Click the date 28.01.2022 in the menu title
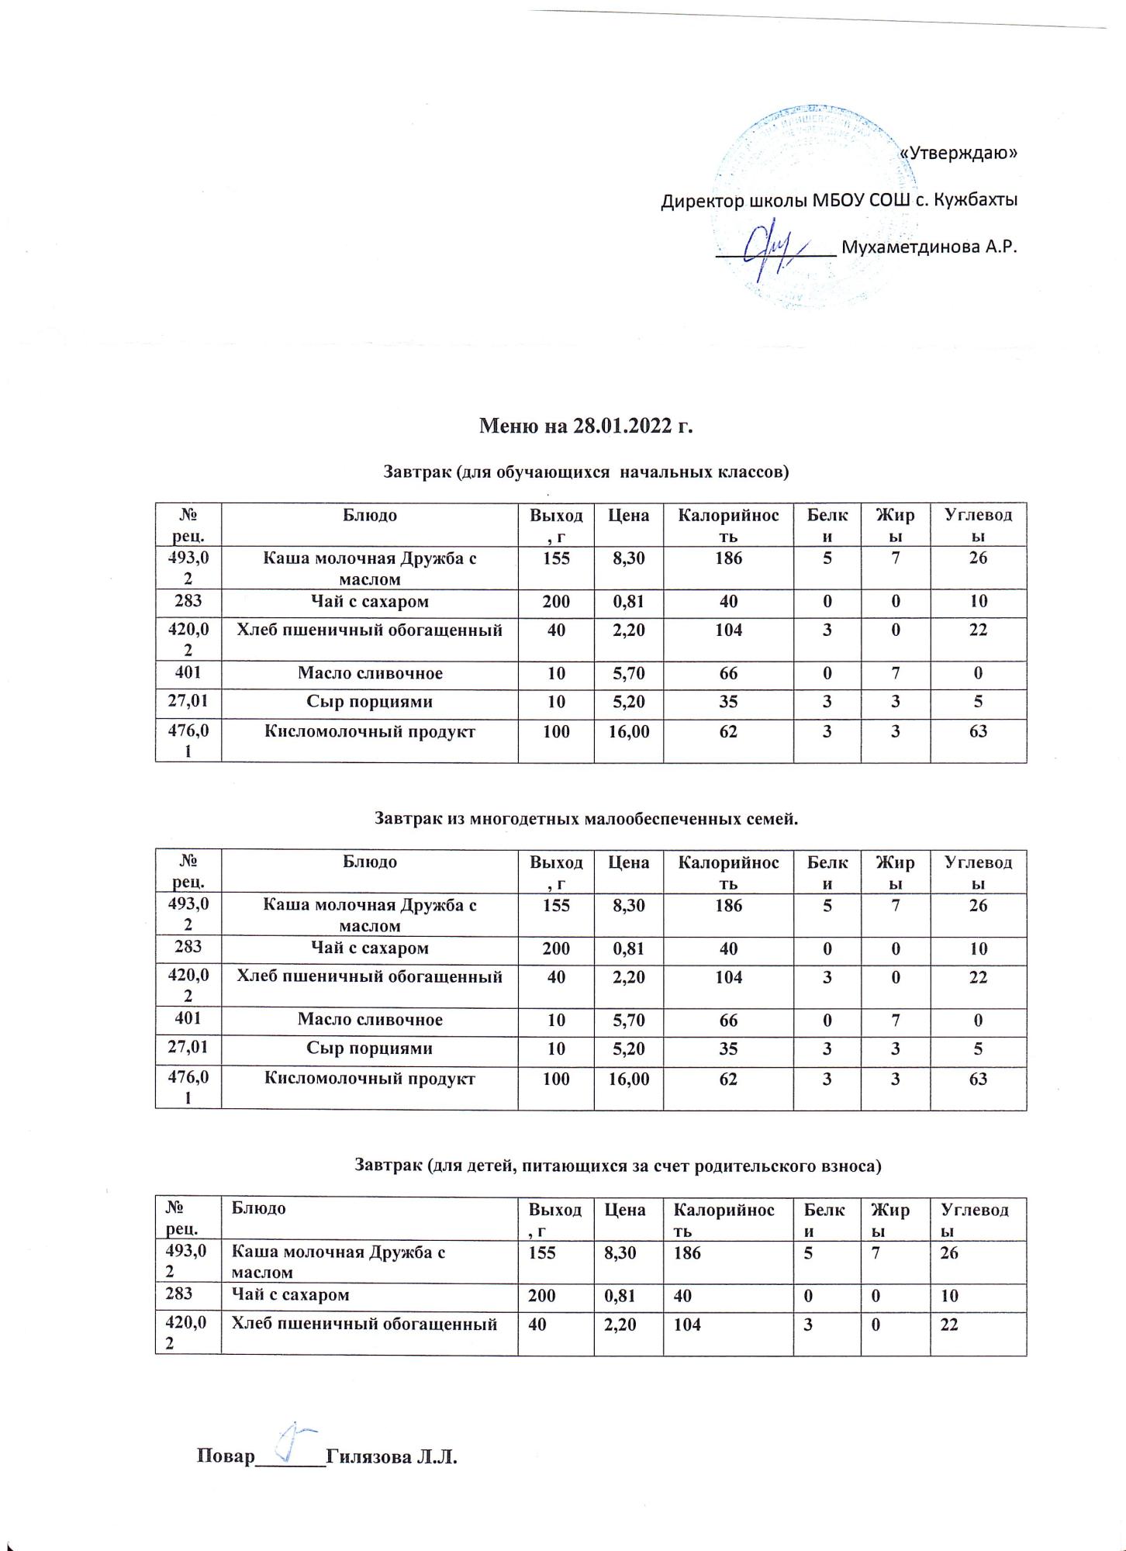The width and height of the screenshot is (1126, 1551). [x=623, y=427]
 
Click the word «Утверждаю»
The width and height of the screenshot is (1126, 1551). [x=958, y=153]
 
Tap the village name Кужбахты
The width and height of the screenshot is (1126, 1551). [x=975, y=200]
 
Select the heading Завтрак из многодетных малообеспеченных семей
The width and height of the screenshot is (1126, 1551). [x=586, y=818]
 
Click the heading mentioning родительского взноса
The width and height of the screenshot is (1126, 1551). [x=618, y=1165]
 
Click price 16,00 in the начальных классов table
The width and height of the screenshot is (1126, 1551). [x=628, y=731]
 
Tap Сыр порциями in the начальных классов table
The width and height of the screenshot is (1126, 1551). [x=370, y=702]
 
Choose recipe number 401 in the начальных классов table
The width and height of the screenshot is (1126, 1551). [x=188, y=673]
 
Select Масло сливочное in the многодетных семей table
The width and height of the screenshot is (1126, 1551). [x=370, y=1020]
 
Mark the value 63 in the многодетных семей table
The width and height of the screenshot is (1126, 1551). [x=978, y=1078]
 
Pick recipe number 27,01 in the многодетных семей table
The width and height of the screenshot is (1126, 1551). [x=188, y=1048]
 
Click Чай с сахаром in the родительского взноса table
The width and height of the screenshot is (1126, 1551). [x=285, y=1294]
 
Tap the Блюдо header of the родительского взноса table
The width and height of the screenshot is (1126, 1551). [x=254, y=1208]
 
